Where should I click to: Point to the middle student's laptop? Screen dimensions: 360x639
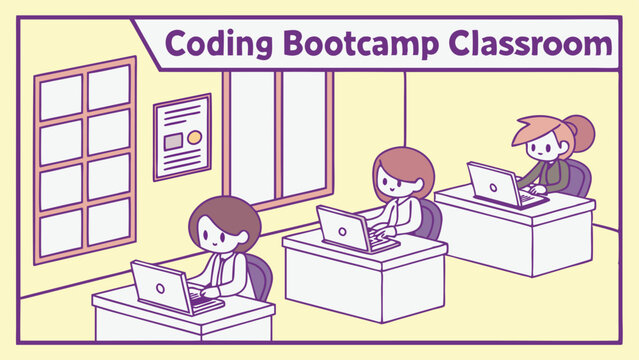coord(343,227)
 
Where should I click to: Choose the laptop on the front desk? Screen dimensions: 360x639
coord(160,285)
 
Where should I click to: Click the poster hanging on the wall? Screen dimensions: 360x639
coord(181,137)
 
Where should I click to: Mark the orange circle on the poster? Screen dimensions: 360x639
coord(194,136)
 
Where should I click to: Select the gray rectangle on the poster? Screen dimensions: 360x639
coord(173,141)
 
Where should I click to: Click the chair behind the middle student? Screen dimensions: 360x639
coord(430,218)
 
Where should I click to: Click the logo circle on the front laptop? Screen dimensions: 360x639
coord(158,284)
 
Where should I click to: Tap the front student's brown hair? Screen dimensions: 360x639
coord(226,211)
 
